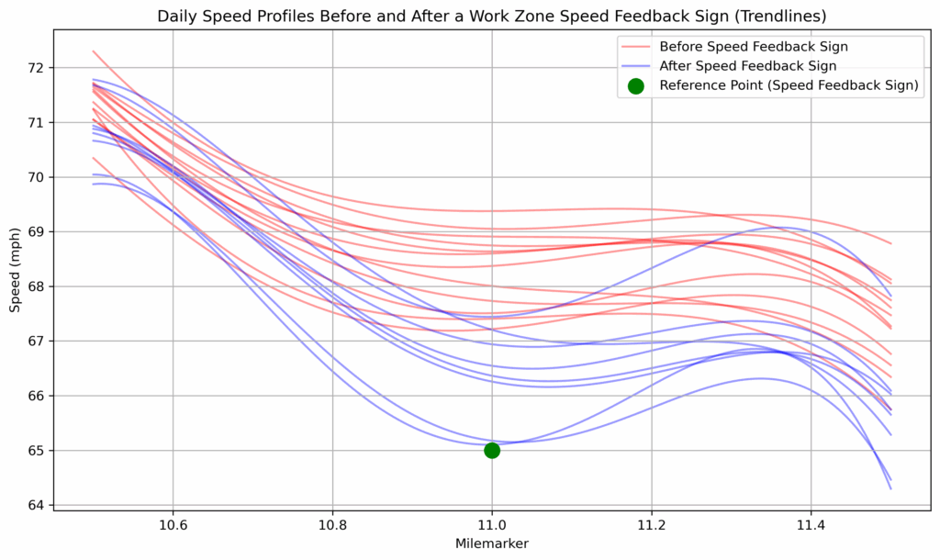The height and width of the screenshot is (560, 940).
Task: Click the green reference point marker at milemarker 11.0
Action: click(492, 450)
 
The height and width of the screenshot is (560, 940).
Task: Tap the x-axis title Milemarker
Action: click(492, 543)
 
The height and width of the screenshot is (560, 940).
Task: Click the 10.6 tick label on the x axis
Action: click(173, 525)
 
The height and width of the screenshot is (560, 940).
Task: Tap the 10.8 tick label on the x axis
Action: click(332, 525)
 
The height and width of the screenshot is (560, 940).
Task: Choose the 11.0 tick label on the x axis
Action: click(492, 525)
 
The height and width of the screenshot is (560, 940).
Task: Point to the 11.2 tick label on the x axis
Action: click(652, 525)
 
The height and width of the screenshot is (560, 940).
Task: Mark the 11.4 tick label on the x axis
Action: click(811, 525)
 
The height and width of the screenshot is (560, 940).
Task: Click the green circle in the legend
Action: click(635, 86)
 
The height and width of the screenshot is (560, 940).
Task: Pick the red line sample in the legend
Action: click(635, 46)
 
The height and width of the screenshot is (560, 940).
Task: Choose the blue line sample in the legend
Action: click(635, 66)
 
